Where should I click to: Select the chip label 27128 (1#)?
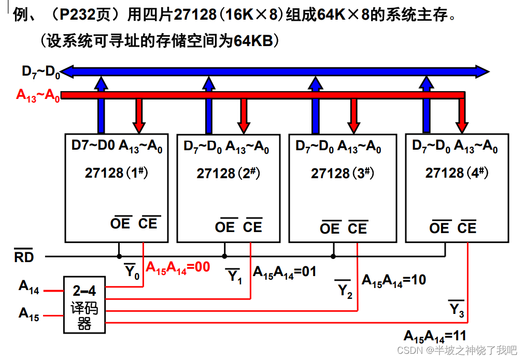point(117,172)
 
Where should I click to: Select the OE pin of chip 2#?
point(225,227)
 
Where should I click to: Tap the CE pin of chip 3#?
point(358,228)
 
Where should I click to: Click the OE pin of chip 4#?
point(439,227)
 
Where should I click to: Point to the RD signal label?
point(23,256)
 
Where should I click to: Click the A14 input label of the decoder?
point(29,287)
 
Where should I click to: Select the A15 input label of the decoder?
point(29,314)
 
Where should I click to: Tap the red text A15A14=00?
point(178,267)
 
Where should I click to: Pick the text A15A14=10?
point(393,281)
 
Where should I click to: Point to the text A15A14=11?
point(435,336)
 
